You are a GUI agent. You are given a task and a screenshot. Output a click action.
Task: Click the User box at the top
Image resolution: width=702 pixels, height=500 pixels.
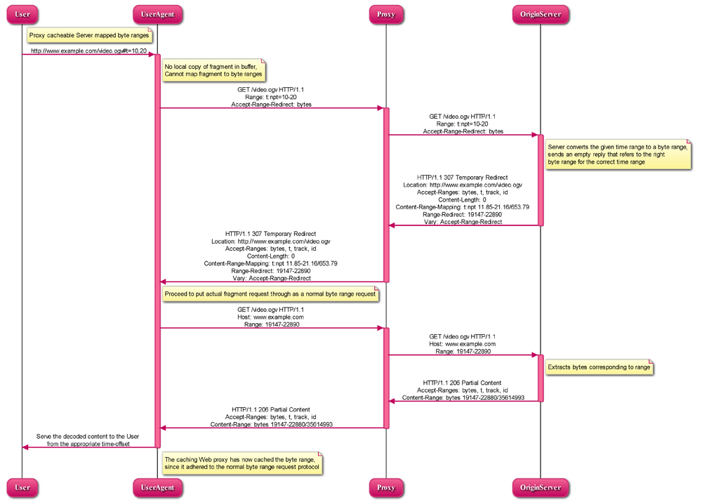point(22,14)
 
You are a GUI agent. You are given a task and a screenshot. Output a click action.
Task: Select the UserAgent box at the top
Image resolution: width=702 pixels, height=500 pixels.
point(157,14)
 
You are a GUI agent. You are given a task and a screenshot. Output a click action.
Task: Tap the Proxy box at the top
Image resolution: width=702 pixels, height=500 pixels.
point(385,14)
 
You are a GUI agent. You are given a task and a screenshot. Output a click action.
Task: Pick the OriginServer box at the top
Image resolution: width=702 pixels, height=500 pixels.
point(540,14)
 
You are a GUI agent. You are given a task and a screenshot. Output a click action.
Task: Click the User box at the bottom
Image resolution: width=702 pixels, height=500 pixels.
point(22,487)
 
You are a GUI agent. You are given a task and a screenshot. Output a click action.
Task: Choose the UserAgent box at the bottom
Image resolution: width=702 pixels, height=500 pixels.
point(157,487)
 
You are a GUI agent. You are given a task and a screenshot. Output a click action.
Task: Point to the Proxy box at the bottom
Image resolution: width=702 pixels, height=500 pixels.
point(385,487)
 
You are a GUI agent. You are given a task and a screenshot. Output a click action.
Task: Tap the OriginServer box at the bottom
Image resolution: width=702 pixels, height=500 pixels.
point(540,487)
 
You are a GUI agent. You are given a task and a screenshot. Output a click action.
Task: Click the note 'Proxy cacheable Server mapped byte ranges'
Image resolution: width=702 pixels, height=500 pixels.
point(89,34)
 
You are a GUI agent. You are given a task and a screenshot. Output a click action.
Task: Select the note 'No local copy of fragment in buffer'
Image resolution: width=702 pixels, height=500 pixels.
point(213,70)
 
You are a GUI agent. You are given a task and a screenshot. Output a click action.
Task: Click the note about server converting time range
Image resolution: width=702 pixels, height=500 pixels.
point(618,154)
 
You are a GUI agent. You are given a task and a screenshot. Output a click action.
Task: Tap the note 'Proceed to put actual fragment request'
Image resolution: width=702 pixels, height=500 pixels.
point(270,294)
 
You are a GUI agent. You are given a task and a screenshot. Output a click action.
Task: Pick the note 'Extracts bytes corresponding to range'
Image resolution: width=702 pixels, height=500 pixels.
point(599,367)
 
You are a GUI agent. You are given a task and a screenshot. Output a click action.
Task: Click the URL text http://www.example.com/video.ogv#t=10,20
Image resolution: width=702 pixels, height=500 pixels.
point(88,51)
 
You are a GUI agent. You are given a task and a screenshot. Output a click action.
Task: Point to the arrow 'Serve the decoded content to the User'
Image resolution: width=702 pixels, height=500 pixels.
point(88,447)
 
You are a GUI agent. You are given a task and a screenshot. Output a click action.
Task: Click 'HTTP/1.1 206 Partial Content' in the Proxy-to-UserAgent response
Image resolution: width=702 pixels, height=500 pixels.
point(271,409)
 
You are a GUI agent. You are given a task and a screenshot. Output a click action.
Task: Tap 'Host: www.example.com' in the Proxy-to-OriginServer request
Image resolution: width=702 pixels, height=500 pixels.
point(463,344)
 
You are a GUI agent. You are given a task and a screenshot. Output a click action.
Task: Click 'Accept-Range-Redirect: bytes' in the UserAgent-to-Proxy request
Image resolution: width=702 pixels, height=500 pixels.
point(271,104)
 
